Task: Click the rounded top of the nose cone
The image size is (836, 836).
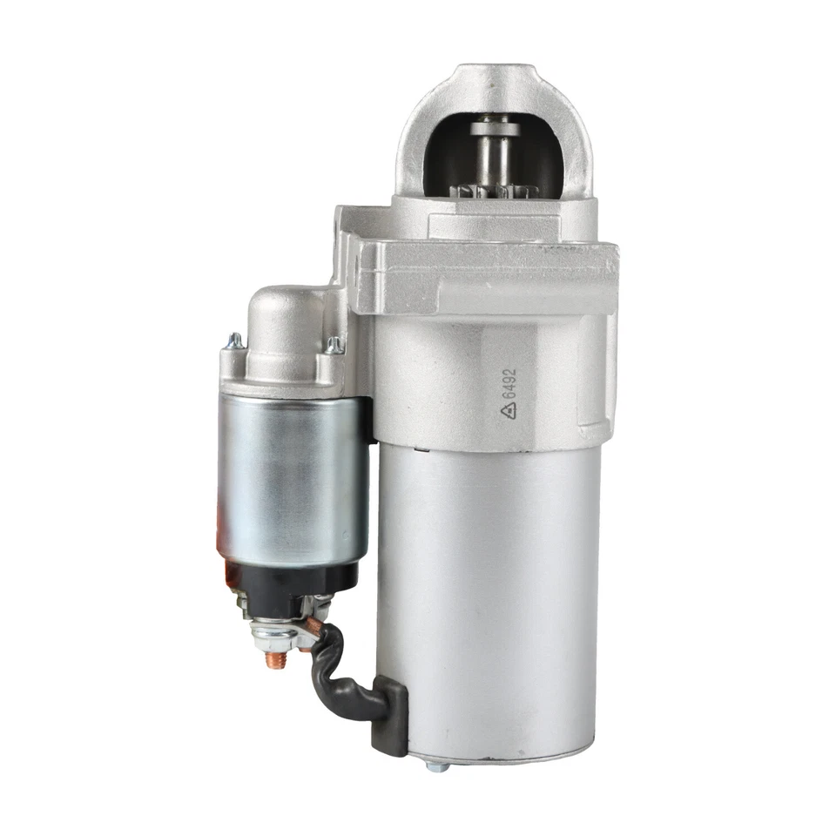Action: pos(493,78)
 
